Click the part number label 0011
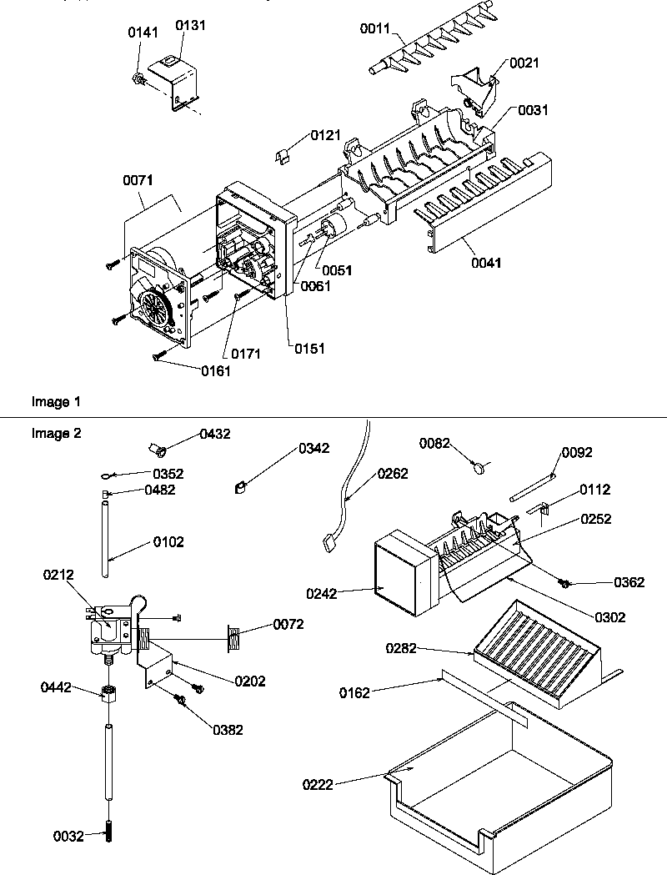tap(374, 28)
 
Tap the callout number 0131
tap(190, 25)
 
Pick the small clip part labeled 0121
tap(285, 154)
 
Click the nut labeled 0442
tap(108, 693)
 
